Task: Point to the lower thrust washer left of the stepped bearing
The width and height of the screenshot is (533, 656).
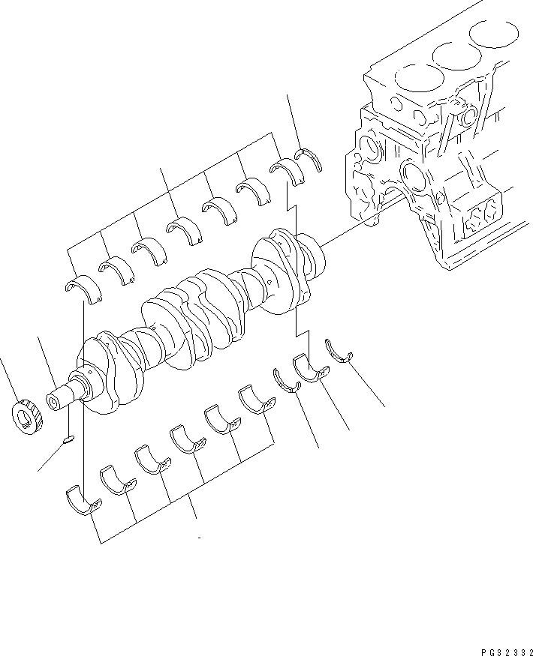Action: coord(285,380)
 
